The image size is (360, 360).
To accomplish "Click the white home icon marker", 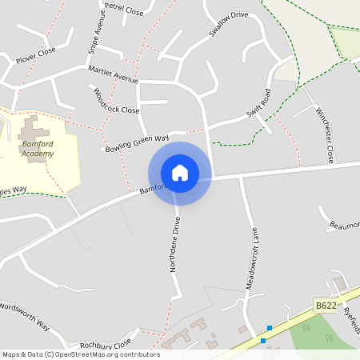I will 180,173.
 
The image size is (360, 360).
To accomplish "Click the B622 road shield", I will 325,306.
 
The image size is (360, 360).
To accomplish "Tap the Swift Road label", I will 259,103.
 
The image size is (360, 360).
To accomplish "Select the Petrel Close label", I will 123,9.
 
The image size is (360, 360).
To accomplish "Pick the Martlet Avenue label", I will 113,74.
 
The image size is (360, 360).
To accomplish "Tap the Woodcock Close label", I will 116,102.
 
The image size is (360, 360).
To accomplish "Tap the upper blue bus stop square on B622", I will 270,328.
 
